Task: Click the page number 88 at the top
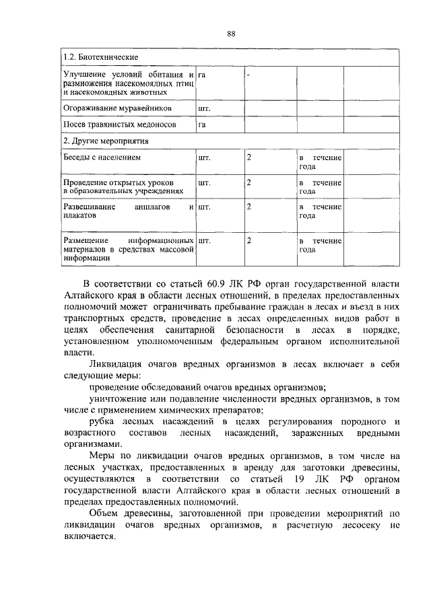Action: click(x=231, y=34)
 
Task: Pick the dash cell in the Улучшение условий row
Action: click(x=248, y=74)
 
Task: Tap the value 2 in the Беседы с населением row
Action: click(x=249, y=157)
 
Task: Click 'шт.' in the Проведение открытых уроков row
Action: click(x=205, y=182)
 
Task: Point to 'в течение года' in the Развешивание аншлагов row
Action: click(x=321, y=211)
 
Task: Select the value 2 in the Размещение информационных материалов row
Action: click(x=249, y=240)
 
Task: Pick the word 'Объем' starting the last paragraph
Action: click(x=104, y=513)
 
